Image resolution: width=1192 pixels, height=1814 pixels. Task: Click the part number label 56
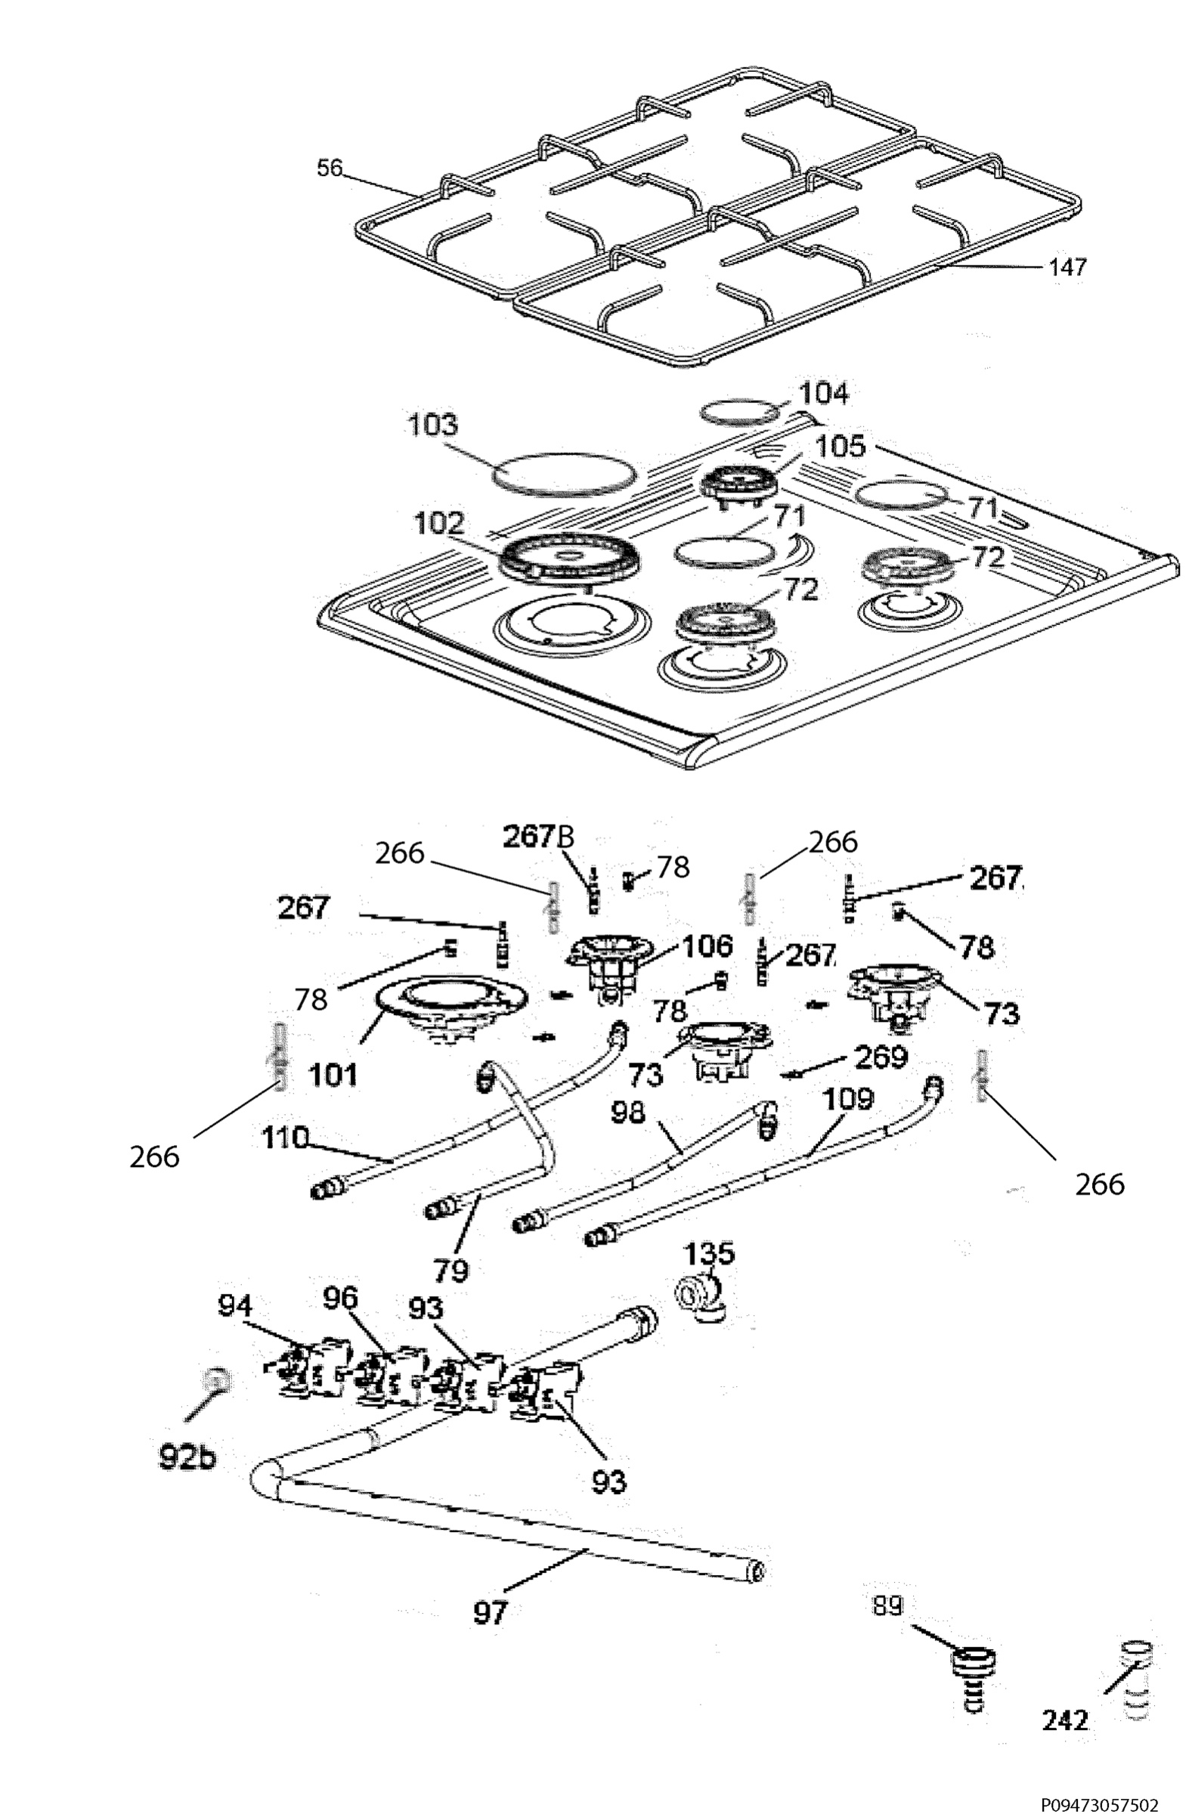(x=330, y=167)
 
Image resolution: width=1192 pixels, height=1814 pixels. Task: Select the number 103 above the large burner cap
(x=433, y=426)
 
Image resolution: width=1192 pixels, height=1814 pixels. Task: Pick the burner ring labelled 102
(x=569, y=559)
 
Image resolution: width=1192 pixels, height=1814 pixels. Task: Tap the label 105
(x=841, y=447)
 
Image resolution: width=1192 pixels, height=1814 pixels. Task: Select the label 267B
(x=539, y=836)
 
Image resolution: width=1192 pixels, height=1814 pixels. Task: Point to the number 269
(x=882, y=1057)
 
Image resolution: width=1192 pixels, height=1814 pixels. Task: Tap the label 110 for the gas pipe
(x=285, y=1138)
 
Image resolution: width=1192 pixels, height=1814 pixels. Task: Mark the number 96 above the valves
(x=340, y=1297)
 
